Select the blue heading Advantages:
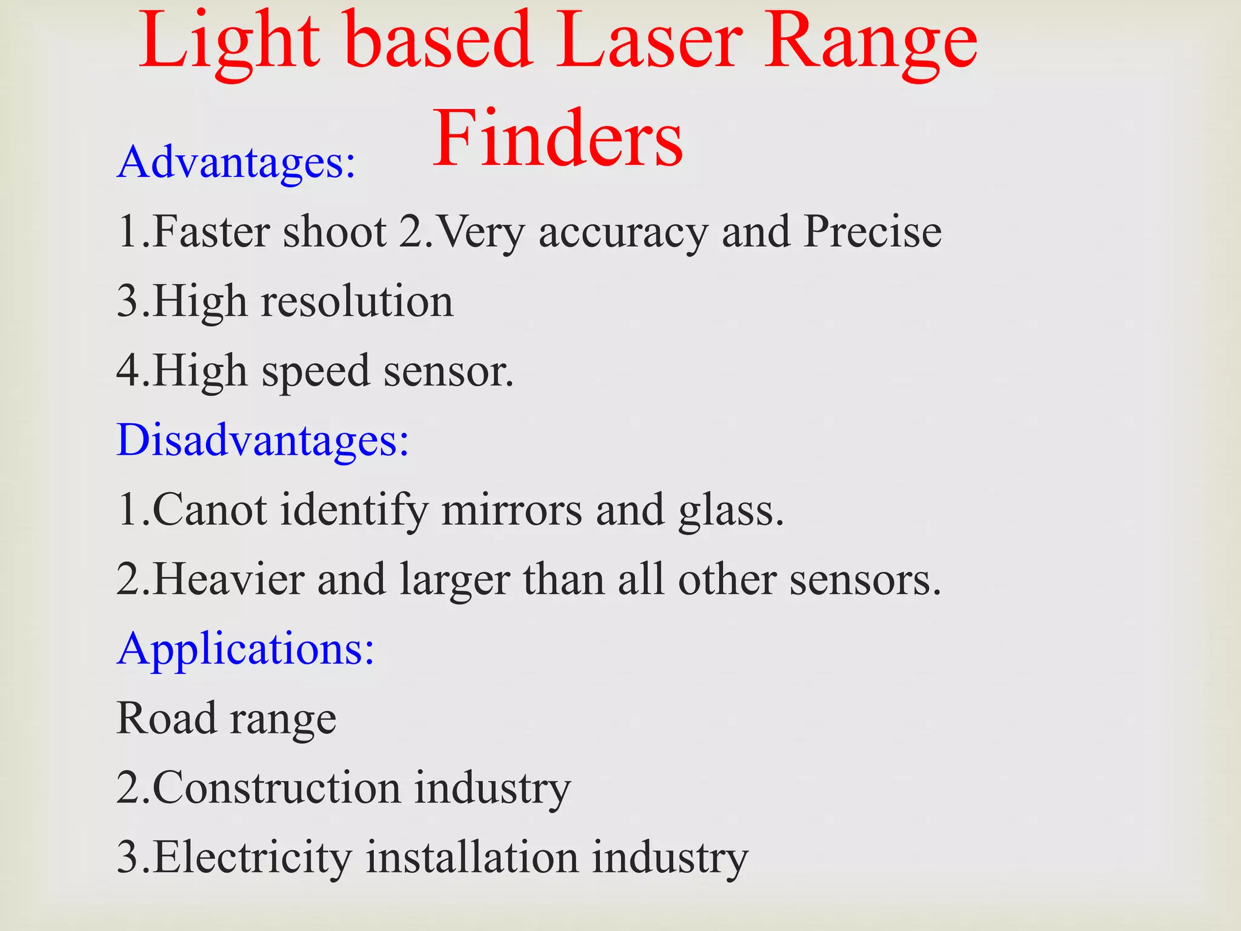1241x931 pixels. (236, 162)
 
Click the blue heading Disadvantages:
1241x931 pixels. (263, 439)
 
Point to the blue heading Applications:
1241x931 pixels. (245, 649)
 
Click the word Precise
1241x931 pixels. (872, 232)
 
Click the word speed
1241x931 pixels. (315, 372)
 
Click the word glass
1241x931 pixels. (731, 510)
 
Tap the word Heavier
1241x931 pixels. (228, 579)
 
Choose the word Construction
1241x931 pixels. (276, 787)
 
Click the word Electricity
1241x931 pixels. (252, 858)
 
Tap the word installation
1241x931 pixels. (472, 857)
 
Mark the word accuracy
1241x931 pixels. (623, 233)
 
